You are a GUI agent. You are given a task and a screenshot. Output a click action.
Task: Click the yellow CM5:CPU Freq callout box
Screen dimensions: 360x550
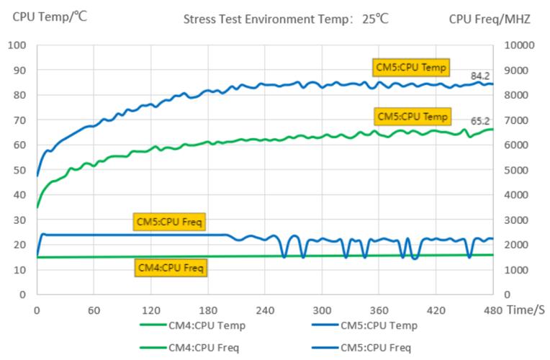pos(171,222)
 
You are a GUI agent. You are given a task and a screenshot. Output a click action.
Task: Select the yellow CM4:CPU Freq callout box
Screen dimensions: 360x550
pos(171,268)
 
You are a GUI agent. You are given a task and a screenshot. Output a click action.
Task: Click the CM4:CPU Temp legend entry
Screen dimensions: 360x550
pos(207,325)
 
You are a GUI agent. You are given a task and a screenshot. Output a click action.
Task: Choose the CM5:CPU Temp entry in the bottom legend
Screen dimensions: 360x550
pos(379,325)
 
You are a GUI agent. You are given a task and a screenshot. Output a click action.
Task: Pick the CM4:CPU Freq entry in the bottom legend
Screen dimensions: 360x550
pos(206,348)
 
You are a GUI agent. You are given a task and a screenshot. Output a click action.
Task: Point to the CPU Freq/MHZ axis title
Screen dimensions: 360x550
pos(490,19)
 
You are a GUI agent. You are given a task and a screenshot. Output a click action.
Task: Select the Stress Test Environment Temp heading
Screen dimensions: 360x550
pos(286,19)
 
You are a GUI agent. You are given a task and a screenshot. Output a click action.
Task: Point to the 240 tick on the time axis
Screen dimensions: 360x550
pos(265,310)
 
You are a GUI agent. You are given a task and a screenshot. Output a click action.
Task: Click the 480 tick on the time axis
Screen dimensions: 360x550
pos(493,310)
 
